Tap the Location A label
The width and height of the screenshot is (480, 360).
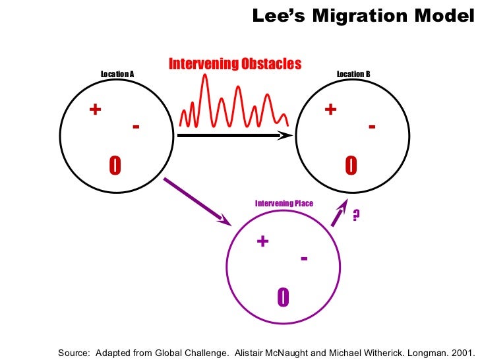coord(117,74)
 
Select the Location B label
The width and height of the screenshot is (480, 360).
coord(353,74)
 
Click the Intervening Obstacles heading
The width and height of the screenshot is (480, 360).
coord(235,64)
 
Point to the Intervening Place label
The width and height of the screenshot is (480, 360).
coord(284,204)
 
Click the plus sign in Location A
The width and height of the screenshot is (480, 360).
coord(95,109)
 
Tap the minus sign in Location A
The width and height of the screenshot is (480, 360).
coord(136,126)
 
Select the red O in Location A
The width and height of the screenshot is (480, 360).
coord(115,166)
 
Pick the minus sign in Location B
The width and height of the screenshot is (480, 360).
coord(372,126)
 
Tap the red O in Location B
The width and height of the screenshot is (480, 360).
coord(351,166)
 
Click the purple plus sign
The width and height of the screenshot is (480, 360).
coord(262,241)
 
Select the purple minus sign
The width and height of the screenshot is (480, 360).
coord(303,258)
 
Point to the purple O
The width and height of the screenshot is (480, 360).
coord(283,298)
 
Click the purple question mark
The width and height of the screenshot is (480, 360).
coord(356,215)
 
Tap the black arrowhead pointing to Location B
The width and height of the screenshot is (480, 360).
coord(286,135)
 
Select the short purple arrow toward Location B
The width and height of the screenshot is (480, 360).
coord(339,213)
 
